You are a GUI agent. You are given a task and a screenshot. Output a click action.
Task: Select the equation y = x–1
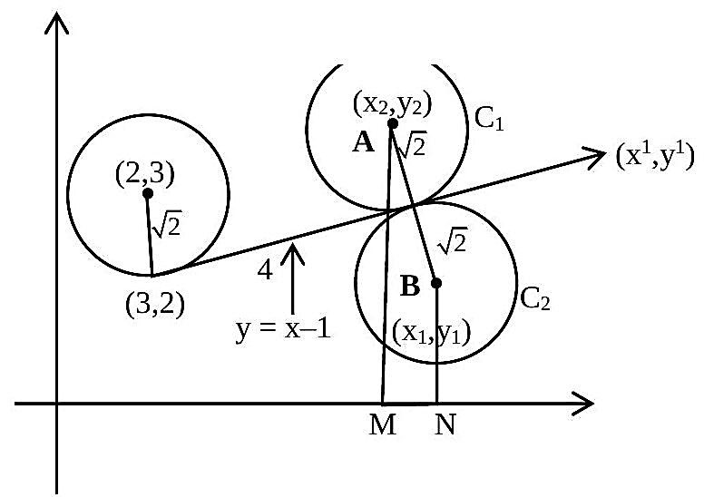(283, 329)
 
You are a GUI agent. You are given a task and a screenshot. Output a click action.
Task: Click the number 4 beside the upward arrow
(265, 270)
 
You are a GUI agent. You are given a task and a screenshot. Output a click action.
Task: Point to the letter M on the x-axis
(383, 424)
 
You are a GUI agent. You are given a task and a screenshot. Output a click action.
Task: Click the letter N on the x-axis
(445, 424)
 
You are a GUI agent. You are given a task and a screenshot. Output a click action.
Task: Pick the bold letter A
(363, 142)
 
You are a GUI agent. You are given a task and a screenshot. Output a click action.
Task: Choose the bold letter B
(410, 286)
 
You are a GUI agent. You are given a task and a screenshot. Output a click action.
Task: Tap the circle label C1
(489, 121)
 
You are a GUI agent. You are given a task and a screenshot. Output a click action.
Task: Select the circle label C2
(534, 298)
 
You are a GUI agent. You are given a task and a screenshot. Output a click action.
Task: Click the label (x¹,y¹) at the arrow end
(655, 156)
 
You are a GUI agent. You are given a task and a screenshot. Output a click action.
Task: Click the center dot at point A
(393, 123)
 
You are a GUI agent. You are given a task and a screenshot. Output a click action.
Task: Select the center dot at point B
(436, 283)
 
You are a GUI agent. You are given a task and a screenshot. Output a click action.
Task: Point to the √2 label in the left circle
(167, 224)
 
